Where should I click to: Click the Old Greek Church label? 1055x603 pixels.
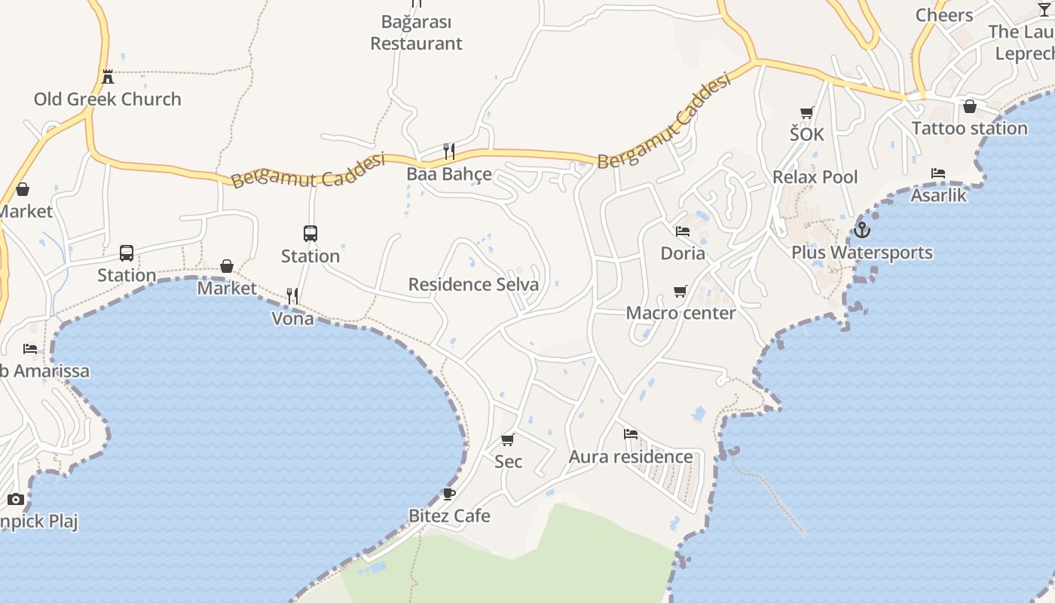108,99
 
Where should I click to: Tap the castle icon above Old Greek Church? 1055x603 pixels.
108,76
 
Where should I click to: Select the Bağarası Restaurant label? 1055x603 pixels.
416,32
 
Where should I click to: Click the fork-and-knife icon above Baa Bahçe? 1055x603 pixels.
449,152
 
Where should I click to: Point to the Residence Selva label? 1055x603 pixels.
473,284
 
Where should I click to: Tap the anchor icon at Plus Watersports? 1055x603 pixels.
862,230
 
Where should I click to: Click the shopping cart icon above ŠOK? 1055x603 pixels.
807,112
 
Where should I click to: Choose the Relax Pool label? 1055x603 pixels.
815,177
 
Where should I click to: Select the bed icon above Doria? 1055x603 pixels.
683,231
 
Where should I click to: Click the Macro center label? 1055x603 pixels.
681,313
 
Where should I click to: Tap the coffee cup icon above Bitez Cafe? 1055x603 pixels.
449,494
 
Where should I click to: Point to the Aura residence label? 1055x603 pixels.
631,457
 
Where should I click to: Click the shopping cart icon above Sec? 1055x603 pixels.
508,439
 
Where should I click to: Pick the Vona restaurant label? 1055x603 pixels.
292,318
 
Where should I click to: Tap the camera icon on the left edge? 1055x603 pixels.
16,499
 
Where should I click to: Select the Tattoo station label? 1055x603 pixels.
969,128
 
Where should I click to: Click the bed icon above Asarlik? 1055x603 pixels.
938,173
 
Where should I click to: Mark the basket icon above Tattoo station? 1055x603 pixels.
970,106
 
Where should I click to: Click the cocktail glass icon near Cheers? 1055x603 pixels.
1044,9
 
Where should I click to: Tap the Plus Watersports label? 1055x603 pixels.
862,253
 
